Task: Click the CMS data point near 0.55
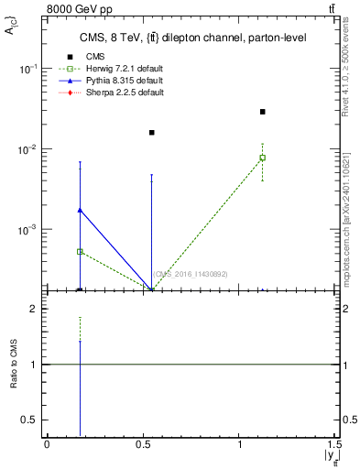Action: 152,133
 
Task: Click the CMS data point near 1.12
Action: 263,112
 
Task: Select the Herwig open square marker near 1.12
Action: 263,158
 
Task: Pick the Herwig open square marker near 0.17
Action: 80,251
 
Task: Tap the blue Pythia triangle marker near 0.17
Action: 80,210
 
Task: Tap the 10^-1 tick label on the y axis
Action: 29,70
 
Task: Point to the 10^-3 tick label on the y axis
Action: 29,230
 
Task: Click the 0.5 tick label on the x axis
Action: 144,443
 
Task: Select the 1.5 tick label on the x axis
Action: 336,443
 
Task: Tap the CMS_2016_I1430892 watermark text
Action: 190,274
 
